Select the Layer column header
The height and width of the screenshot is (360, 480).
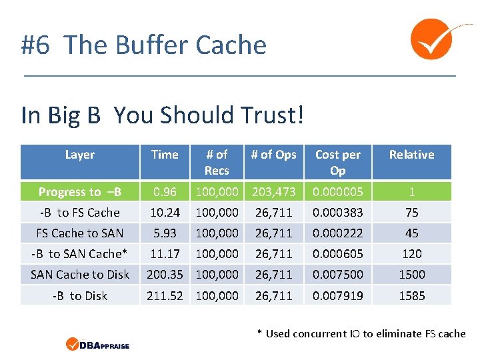tap(80, 155)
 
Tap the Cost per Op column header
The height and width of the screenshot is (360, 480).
tap(338, 162)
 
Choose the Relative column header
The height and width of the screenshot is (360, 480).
tap(411, 155)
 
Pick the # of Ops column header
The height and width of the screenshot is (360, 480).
tap(273, 155)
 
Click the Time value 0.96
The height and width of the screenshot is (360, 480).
tap(165, 192)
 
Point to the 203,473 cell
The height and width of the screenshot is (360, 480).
tap(273, 192)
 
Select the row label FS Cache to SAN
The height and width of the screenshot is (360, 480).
tap(80, 233)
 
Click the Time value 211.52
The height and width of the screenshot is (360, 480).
tap(165, 295)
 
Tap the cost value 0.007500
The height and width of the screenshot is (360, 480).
tap(338, 274)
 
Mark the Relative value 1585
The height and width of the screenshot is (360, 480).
tap(411, 295)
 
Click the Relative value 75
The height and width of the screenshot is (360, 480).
tap(411, 213)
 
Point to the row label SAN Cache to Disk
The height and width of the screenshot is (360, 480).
tap(80, 274)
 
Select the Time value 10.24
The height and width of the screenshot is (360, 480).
tap(165, 213)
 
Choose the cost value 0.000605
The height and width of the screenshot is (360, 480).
tap(338, 254)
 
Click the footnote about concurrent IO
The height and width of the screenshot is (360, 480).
tap(361, 333)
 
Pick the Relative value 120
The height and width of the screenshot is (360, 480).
tap(411, 254)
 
